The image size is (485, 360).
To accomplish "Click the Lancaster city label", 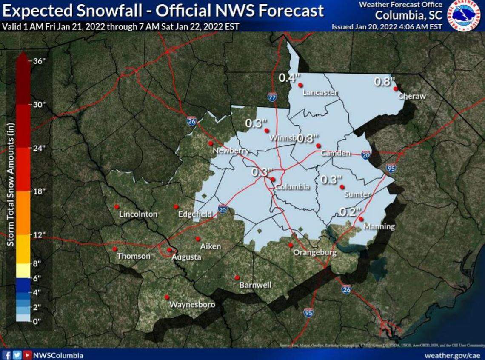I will pos(320,93).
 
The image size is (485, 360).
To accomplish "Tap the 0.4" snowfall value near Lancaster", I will pos(287,78).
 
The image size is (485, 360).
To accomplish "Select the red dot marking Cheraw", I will pos(395,89).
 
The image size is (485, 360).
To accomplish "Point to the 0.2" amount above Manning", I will pos(351,211).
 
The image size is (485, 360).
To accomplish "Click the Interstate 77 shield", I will pos(272,97).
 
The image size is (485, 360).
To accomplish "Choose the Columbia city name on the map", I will pos(291,187).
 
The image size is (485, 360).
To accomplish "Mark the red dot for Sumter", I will pos(342,186).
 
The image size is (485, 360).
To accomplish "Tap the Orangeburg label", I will pos(315,253).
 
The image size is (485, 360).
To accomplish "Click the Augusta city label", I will pos(186,257).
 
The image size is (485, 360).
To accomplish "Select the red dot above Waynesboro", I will pos(167,297).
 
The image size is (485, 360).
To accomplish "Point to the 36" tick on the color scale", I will pos(39,61).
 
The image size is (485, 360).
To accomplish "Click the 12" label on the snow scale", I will pos(39,235).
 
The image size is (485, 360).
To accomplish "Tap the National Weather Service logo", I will pos(465,16).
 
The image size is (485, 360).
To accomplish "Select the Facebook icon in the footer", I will pos(6,355).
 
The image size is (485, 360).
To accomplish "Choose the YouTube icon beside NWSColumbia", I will pos(27,355).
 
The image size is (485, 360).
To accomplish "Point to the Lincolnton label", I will pos(138,214).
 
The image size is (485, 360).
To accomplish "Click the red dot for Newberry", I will pos(210,143).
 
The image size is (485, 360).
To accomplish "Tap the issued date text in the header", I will pos(387,27).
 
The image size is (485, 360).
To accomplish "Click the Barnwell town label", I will pos(255,285).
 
